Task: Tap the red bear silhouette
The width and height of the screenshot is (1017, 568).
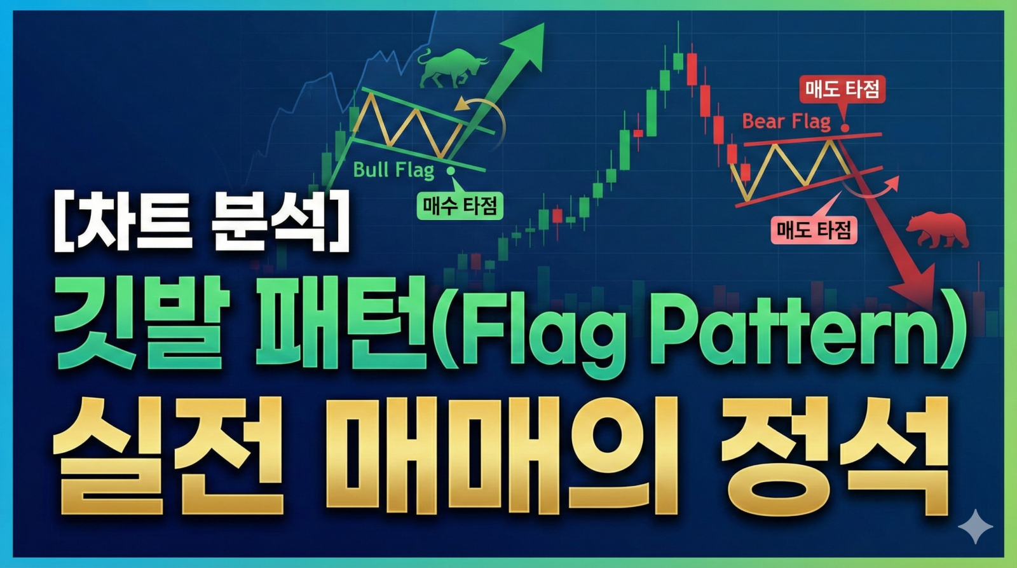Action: click(938, 230)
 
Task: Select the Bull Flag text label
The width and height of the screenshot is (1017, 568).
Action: click(393, 170)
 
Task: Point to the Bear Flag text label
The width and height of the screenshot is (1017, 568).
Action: click(786, 121)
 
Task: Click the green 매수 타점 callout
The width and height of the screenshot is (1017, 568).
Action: click(460, 205)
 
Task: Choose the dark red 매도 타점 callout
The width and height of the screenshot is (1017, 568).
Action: click(842, 90)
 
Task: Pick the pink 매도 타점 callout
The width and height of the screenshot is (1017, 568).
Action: click(814, 230)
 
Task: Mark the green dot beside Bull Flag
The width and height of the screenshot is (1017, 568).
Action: click(451, 170)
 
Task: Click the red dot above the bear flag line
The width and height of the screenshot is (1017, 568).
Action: click(845, 128)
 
